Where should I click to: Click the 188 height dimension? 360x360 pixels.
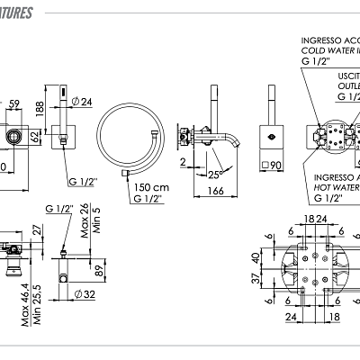click(40, 109)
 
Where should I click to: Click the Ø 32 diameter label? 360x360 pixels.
click(87, 293)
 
